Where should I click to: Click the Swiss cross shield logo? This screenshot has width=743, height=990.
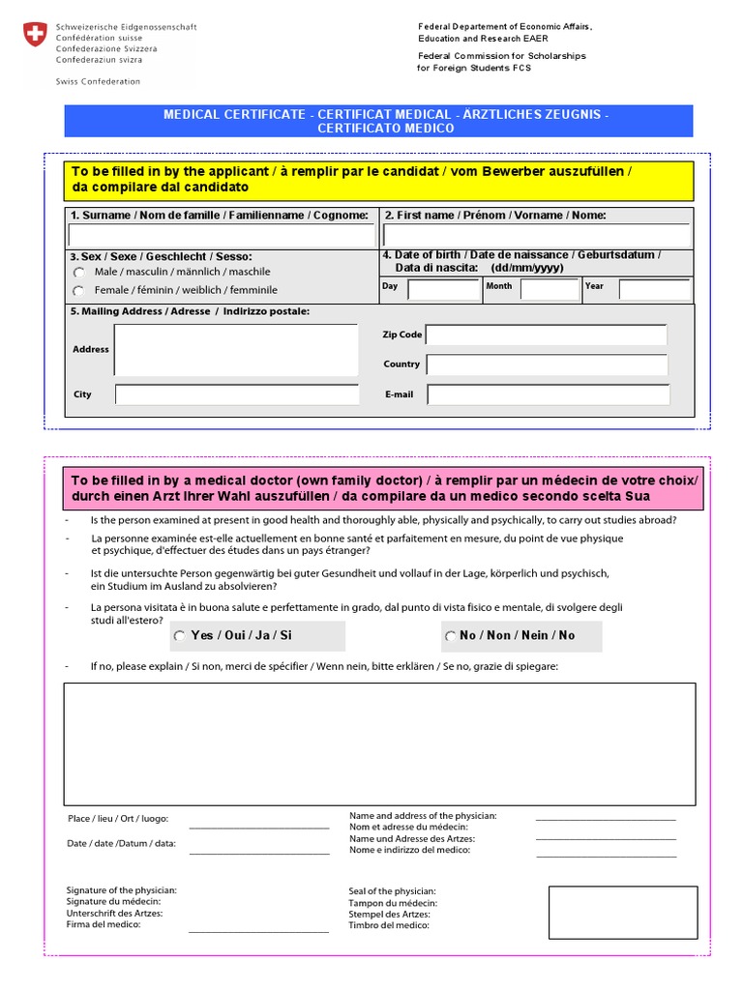coord(34,37)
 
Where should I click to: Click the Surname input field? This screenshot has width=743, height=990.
coord(222,236)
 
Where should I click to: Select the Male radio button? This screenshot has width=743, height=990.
coord(78,273)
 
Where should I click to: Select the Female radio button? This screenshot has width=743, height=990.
coord(78,290)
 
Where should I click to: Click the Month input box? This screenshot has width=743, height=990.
coord(549,288)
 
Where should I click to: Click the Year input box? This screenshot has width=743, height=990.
coord(654,288)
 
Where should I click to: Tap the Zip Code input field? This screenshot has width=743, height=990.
coord(547,335)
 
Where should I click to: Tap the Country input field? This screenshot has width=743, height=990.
coord(547,364)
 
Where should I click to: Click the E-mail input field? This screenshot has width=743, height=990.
coord(549,394)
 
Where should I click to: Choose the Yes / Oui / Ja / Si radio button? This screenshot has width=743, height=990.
coord(180,636)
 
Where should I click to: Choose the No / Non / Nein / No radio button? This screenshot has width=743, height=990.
coord(451,636)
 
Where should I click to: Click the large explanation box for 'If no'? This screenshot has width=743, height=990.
coord(379,743)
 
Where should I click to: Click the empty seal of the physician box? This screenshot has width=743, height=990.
coord(622,913)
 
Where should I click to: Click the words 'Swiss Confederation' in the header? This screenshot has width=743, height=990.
coord(98,82)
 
